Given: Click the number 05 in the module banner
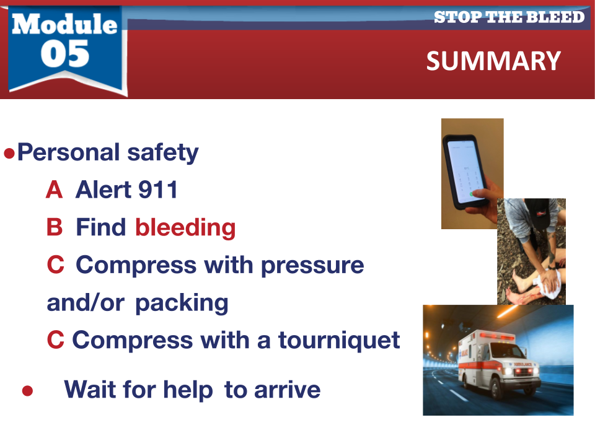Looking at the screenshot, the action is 65,55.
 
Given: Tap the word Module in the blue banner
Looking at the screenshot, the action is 64,24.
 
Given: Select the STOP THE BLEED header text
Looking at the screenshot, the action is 509,17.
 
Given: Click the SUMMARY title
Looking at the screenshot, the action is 493,61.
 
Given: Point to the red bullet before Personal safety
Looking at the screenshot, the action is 9,154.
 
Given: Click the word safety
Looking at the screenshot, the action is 163,152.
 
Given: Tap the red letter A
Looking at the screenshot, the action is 54,190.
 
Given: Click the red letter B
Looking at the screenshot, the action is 55,227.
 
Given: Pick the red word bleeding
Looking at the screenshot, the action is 185,227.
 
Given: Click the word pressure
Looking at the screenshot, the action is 312,266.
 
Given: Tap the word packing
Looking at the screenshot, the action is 182,304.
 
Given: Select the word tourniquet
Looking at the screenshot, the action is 339,340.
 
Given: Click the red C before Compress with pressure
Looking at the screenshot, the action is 55,265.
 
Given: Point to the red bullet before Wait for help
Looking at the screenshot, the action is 27,391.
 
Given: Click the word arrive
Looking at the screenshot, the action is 287,390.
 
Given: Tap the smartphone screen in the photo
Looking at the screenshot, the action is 465,171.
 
